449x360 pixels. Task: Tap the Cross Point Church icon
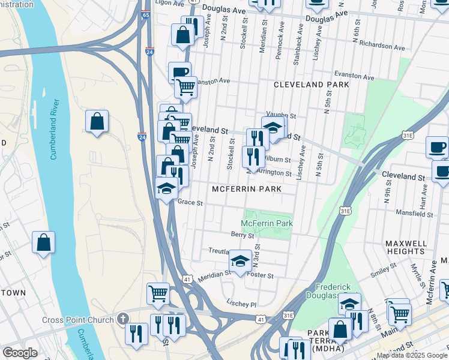point(123,319)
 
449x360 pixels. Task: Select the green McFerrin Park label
point(268,223)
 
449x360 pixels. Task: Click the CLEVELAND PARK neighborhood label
point(311,85)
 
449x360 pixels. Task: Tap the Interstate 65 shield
point(146,31)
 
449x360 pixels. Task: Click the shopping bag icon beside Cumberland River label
point(97,122)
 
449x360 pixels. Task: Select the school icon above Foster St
point(241,261)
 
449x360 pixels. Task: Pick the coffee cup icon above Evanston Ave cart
point(179,73)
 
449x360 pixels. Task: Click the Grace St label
point(191,203)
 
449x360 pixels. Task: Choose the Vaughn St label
point(282,115)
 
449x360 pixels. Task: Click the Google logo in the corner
point(20,352)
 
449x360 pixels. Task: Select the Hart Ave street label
point(424,193)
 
